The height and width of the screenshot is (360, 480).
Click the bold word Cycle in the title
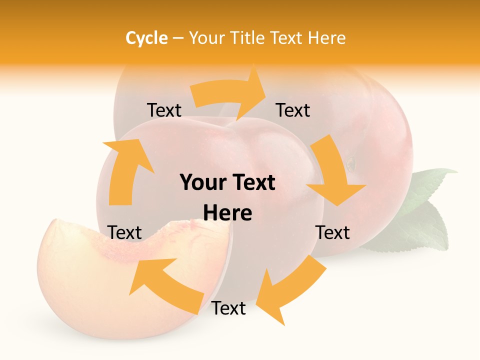point(146,38)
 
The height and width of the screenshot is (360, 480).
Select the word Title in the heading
point(247,38)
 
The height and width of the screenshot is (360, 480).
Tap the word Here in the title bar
point(326,38)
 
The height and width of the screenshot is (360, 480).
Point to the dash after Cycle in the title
point(178,38)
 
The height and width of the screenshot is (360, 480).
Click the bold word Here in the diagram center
point(227,213)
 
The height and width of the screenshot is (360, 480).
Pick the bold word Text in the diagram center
point(252,183)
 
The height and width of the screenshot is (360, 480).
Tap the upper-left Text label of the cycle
point(164,110)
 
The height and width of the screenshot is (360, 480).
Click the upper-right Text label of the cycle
point(293,110)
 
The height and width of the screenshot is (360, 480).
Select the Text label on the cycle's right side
point(332,232)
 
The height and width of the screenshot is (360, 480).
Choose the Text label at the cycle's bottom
point(228,308)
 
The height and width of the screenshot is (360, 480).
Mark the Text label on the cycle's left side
point(124,232)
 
